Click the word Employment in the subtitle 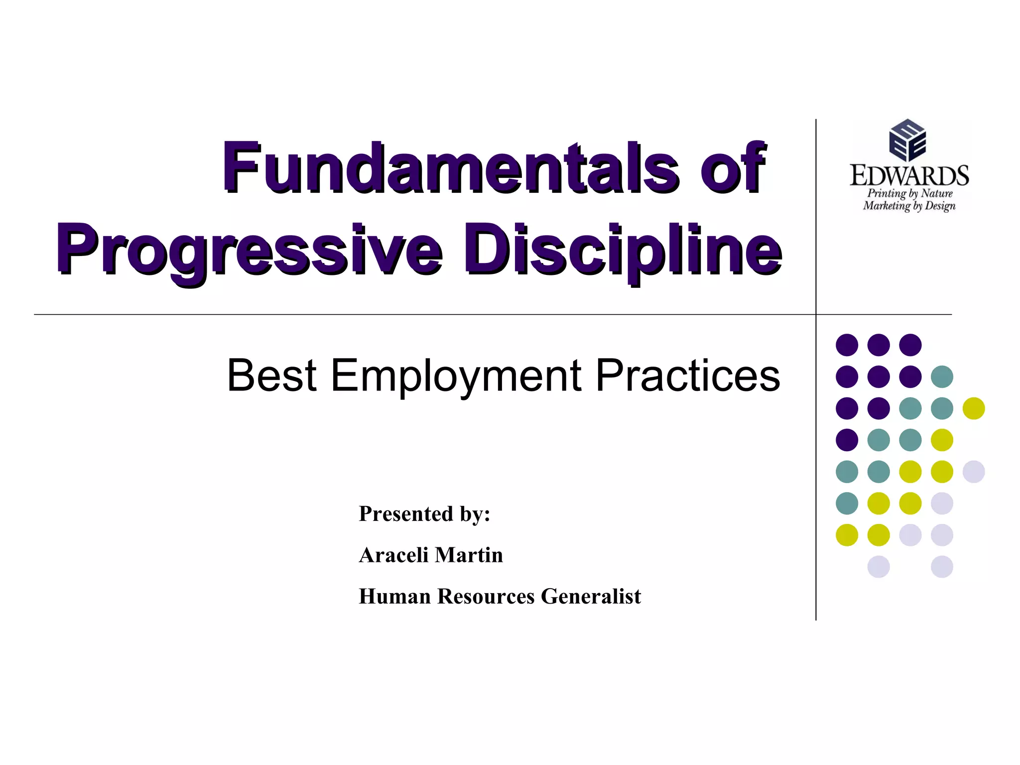[x=456, y=376]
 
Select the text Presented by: [x=424, y=514]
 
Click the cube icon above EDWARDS [x=907, y=140]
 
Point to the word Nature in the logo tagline [x=936, y=193]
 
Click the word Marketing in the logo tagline [x=887, y=206]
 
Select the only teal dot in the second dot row [x=942, y=377]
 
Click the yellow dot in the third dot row [x=974, y=408]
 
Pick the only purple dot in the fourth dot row [x=847, y=440]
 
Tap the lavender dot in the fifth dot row [x=974, y=472]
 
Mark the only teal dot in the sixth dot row [x=847, y=503]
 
